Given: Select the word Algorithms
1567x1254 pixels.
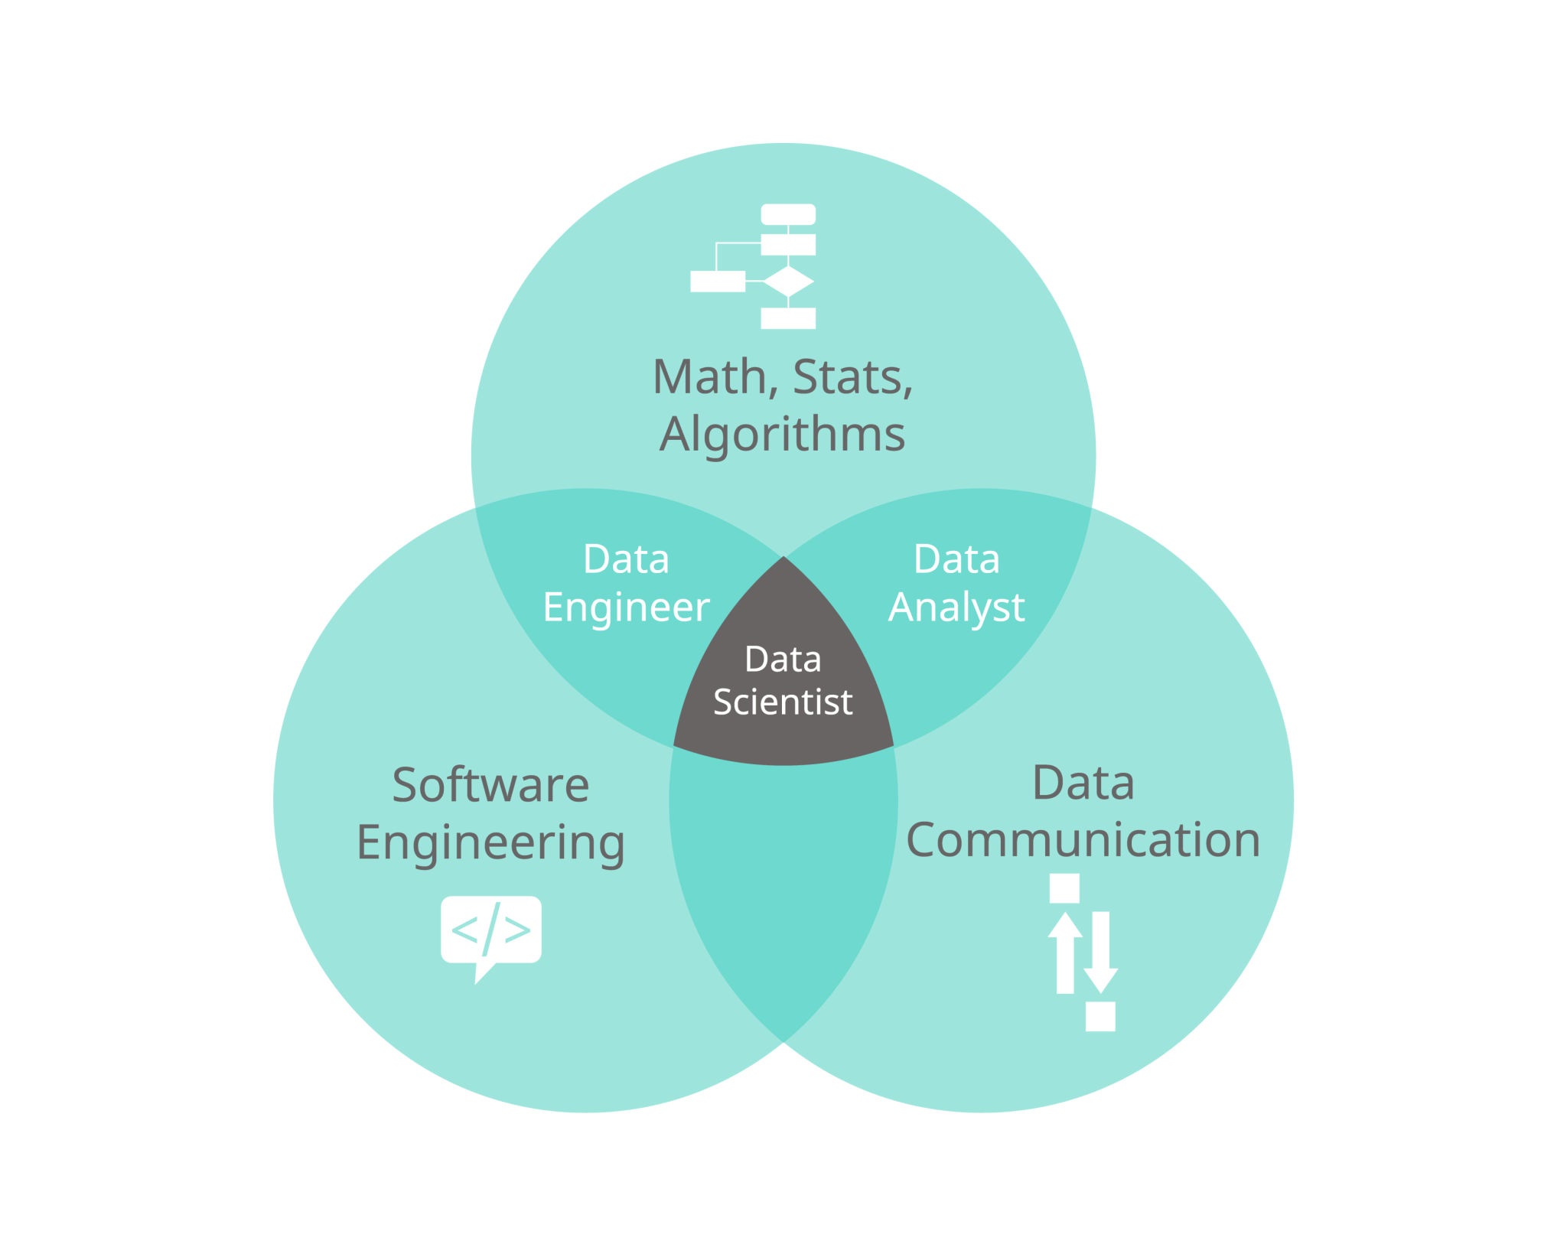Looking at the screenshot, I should [x=782, y=435].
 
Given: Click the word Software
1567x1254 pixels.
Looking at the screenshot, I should [x=490, y=785].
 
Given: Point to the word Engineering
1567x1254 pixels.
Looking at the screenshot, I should [x=490, y=843].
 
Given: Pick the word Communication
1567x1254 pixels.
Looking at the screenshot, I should [x=1083, y=840].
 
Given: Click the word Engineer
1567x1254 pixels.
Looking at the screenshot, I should [x=626, y=607].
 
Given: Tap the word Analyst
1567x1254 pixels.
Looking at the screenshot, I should [x=956, y=607].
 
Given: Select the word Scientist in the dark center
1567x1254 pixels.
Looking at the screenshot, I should [x=783, y=702].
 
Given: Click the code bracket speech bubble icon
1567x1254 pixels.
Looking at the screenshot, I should [x=490, y=931].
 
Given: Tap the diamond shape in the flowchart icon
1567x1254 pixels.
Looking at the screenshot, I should [x=788, y=282].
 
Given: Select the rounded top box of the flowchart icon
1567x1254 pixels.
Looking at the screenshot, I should [x=788, y=214].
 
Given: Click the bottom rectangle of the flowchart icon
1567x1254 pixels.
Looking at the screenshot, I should [x=788, y=318].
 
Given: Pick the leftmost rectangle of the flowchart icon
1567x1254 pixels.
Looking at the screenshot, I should [x=717, y=282].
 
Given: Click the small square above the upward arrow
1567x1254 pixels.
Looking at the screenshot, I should [x=1064, y=888].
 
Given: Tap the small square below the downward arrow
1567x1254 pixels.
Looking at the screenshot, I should [x=1100, y=1016].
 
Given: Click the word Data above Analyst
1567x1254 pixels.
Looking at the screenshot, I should [x=956, y=559].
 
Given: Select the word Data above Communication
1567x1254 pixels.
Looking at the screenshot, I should [x=1083, y=783].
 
